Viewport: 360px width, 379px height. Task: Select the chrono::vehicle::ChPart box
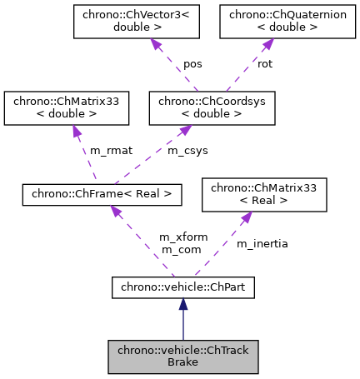[x=182, y=287]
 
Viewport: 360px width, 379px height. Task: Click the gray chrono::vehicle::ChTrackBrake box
[x=182, y=357]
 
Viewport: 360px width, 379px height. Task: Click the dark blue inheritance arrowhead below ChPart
[x=182, y=307]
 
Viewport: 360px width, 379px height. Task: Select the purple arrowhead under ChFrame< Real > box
[x=115, y=212]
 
